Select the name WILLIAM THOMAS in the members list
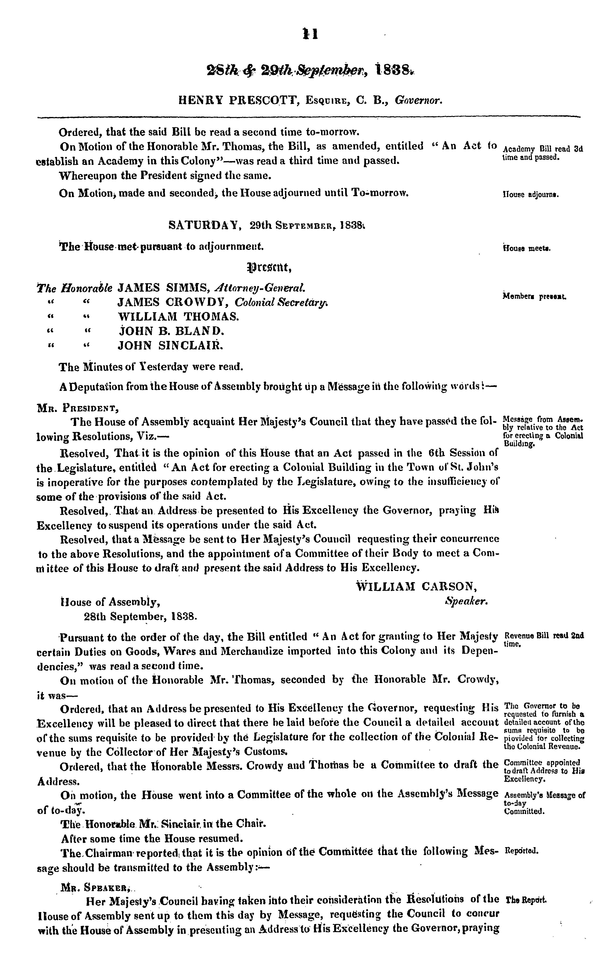click(x=178, y=316)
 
